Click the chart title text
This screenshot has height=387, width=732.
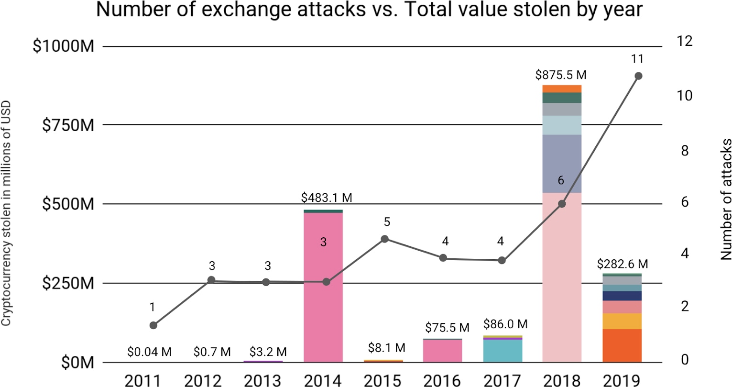(369, 10)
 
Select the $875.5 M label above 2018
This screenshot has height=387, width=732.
(561, 75)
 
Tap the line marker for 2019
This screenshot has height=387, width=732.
(638, 76)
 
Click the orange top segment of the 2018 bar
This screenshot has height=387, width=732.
(562, 88)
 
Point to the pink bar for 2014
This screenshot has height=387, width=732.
(323, 287)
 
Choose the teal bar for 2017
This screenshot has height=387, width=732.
(503, 351)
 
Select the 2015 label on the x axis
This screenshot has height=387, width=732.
(382, 380)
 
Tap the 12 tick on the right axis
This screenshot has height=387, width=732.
(685, 42)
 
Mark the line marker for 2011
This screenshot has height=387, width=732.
(153, 325)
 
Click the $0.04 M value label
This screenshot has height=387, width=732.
(149, 352)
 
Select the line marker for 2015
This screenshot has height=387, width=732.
(384, 239)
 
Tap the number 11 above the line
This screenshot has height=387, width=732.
(637, 59)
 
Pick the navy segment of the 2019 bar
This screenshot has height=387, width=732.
(622, 296)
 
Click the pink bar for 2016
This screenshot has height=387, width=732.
(443, 351)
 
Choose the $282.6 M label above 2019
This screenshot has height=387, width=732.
(623, 264)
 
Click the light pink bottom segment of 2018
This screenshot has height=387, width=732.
(562, 277)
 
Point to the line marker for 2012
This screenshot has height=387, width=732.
(211, 280)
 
